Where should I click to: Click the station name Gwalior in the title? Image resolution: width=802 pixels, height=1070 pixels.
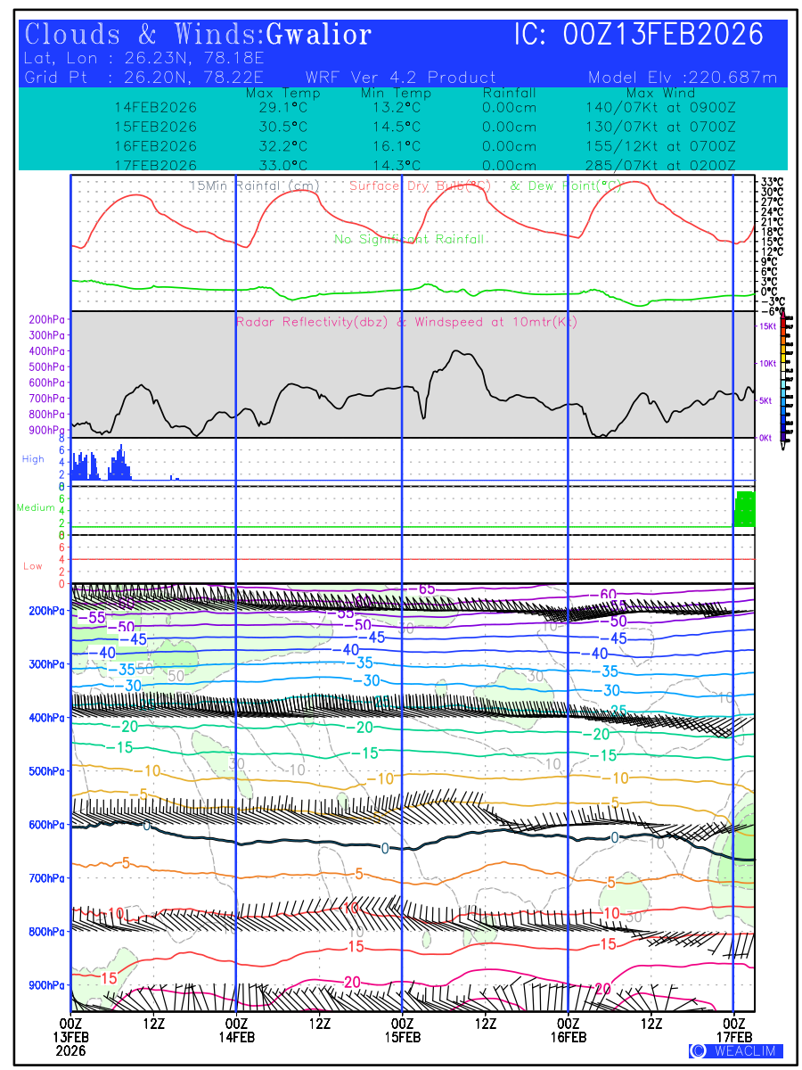[x=318, y=36]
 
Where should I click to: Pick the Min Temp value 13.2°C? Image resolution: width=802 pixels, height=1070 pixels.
[x=397, y=108]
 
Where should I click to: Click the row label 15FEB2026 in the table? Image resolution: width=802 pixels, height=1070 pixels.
[x=156, y=127]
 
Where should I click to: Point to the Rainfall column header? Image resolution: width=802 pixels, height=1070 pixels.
[x=509, y=93]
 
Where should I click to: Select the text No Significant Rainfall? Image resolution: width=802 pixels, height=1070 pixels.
[x=409, y=239]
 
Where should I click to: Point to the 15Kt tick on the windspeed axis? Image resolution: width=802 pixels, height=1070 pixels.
[x=766, y=327]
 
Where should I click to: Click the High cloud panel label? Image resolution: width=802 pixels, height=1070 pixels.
[x=33, y=459]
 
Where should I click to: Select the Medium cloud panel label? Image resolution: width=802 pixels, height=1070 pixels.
[x=36, y=508]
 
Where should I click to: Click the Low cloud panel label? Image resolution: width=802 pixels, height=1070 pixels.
[x=33, y=566]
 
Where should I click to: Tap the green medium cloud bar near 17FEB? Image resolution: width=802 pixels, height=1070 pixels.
[x=744, y=509]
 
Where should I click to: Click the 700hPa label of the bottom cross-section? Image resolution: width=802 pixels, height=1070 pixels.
[x=46, y=878]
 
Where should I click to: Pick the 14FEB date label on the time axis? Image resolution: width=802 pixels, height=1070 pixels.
[x=236, y=1037]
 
